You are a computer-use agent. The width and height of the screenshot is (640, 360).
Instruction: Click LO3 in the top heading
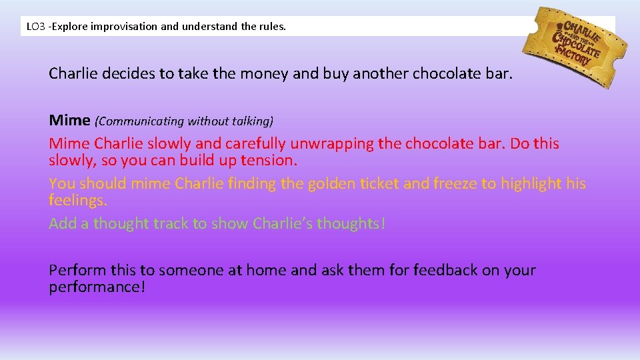point(35,27)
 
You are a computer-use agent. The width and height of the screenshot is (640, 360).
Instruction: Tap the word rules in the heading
point(273,27)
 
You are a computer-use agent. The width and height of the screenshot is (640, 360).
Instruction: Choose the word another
point(380,73)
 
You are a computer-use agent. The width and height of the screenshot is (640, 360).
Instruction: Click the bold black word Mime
point(69,121)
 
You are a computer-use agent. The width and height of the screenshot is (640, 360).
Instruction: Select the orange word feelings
point(77,201)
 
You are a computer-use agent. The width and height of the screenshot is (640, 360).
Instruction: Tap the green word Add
point(63,223)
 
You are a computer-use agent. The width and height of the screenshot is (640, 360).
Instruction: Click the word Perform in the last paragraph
point(75,270)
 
